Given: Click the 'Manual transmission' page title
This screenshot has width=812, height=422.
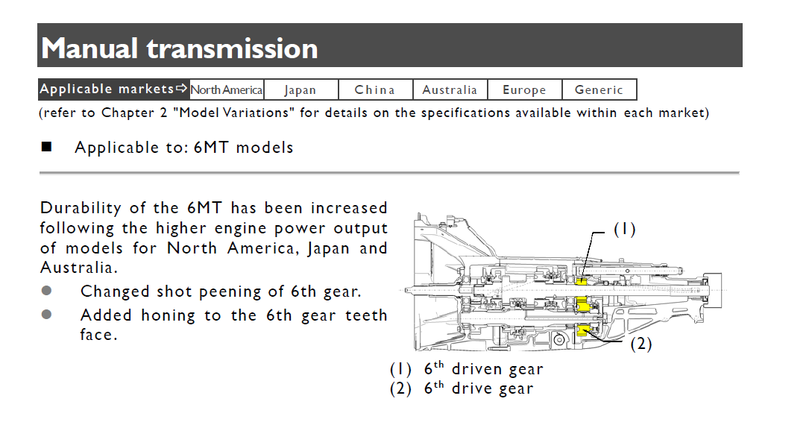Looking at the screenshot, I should pyautogui.click(x=180, y=48).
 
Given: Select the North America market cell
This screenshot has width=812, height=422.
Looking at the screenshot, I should pyautogui.click(x=227, y=90).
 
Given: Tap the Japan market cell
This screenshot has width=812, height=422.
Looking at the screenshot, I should pyautogui.click(x=300, y=90).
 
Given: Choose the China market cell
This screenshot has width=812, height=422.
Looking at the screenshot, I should pyautogui.click(x=375, y=90).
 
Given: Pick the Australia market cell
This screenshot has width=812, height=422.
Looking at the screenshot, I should pyautogui.click(x=450, y=90).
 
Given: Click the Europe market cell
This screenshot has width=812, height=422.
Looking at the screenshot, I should pyautogui.click(x=524, y=90).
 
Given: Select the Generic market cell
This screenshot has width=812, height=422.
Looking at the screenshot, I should pyautogui.click(x=599, y=90).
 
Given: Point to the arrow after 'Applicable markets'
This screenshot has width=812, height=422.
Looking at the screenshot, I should pyautogui.click(x=182, y=89).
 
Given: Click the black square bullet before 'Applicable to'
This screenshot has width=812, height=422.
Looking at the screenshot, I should pyautogui.click(x=46, y=147).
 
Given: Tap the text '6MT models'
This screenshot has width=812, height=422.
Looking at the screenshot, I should pyautogui.click(x=243, y=148).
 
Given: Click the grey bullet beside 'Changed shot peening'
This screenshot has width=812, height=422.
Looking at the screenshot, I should pyautogui.click(x=47, y=291).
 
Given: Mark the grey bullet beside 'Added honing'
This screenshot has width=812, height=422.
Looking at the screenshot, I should pyautogui.click(x=47, y=315).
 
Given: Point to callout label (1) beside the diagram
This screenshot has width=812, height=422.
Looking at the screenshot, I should pyautogui.click(x=624, y=230).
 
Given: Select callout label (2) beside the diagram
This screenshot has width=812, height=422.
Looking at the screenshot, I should pyautogui.click(x=642, y=344).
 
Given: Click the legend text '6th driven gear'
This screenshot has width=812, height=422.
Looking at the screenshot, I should pyautogui.click(x=483, y=369).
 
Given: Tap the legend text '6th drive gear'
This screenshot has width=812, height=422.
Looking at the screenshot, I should pyautogui.click(x=478, y=388).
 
